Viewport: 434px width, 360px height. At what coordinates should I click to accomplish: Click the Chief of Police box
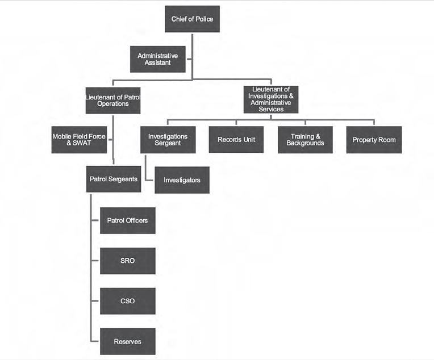click(x=192, y=20)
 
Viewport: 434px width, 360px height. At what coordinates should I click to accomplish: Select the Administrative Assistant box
click(x=157, y=59)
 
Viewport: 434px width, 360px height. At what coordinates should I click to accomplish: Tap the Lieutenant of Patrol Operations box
click(x=113, y=101)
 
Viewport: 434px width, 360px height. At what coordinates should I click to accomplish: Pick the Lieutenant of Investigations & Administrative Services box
click(x=271, y=99)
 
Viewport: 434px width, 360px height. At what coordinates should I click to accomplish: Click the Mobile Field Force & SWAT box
click(x=79, y=140)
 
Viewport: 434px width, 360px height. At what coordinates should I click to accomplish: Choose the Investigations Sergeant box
click(x=168, y=140)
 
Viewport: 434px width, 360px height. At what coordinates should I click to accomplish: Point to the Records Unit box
click(x=236, y=140)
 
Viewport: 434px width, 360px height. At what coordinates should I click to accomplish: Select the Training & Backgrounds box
click(x=305, y=140)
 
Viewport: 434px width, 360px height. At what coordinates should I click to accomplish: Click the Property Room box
click(x=374, y=140)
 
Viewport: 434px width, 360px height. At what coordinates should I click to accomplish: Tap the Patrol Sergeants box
click(x=114, y=179)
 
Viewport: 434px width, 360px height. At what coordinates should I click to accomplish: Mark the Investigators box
click(x=182, y=180)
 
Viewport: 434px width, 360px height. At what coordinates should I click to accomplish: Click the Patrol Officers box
click(x=127, y=220)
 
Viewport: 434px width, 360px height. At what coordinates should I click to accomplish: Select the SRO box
click(x=127, y=261)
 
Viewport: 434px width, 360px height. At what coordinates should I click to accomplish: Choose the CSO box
click(x=127, y=301)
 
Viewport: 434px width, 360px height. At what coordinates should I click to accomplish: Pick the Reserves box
click(x=127, y=342)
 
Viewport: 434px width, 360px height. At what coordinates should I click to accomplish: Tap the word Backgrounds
click(x=306, y=143)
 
